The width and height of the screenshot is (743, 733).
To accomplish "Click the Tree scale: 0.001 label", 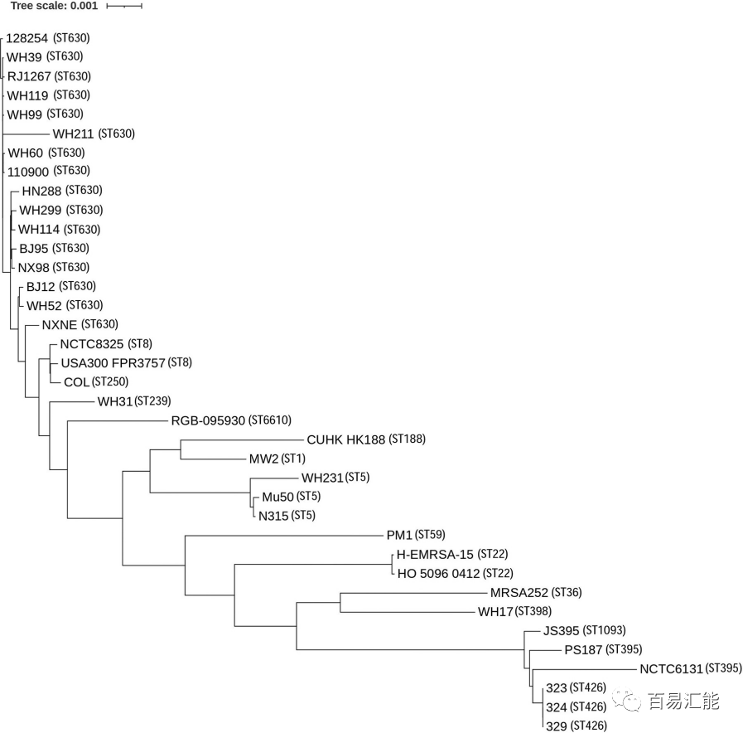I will click(54, 6).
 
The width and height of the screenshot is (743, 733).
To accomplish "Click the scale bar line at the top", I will click(124, 6).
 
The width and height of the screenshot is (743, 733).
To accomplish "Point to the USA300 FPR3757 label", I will click(113, 363).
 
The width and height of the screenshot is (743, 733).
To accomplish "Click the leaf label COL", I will click(76, 382).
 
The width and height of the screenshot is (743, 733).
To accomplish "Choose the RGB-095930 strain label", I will click(208, 420).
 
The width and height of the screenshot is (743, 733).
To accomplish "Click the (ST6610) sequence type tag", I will click(270, 420).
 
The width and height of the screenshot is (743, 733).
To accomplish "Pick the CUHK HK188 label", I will click(345, 439).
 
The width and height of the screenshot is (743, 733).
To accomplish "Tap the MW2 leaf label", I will click(263, 459).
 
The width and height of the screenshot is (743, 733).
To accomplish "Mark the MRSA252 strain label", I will click(519, 593).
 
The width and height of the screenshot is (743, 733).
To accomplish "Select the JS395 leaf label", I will click(562, 631).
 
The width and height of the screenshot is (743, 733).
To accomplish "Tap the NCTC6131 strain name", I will click(671, 669).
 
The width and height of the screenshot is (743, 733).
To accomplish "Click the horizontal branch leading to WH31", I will click(72, 402).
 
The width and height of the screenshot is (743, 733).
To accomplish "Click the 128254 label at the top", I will click(27, 38).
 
